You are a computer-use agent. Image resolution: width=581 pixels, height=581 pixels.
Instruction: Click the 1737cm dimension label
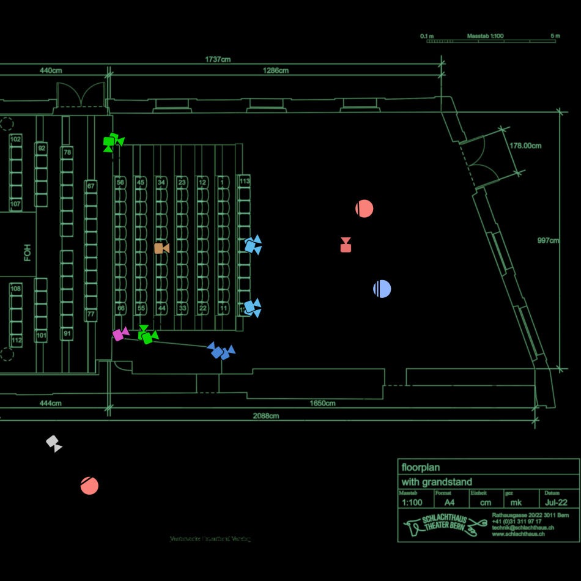(218, 59)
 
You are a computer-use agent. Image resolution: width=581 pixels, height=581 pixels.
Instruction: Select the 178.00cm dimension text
(525, 146)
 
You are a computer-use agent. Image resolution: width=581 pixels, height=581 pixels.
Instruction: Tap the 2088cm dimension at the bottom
(266, 416)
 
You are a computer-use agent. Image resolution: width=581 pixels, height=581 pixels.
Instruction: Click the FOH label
(28, 253)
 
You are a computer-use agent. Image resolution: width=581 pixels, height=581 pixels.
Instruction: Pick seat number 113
(244, 181)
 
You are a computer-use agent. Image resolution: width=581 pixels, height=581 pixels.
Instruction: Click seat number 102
(16, 139)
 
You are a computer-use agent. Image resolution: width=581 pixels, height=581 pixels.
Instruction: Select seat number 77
(91, 315)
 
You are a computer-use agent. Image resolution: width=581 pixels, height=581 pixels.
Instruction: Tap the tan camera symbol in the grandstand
(161, 248)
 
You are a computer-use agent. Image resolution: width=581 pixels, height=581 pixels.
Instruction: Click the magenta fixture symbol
(120, 334)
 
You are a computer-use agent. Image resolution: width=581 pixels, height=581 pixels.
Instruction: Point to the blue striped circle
(382, 289)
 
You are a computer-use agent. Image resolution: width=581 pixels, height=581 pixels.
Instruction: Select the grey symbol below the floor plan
(54, 443)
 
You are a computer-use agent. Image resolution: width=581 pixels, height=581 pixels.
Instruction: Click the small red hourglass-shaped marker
(346, 245)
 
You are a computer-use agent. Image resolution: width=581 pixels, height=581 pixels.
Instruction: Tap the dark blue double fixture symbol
(221, 351)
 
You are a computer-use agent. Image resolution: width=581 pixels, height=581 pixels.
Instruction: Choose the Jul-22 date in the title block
(555, 503)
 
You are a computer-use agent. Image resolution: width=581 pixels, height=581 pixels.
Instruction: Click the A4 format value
(449, 503)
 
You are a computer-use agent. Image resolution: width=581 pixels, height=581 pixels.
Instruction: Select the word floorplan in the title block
(421, 467)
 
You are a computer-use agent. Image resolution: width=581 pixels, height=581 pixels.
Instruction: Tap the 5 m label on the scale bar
(555, 36)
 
